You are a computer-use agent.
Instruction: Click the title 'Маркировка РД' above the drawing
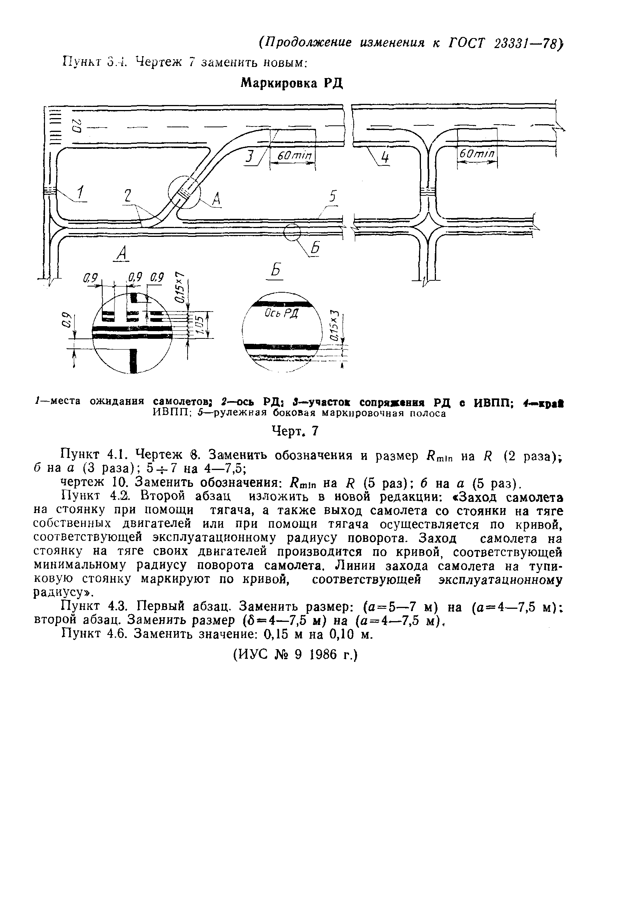[292, 83]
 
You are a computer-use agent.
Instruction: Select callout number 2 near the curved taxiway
[128, 197]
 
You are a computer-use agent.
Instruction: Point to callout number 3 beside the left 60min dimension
[249, 157]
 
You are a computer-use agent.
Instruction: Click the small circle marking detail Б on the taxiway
[292, 232]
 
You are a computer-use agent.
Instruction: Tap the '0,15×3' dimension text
[334, 325]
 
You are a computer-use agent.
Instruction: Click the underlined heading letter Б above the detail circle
[276, 271]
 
